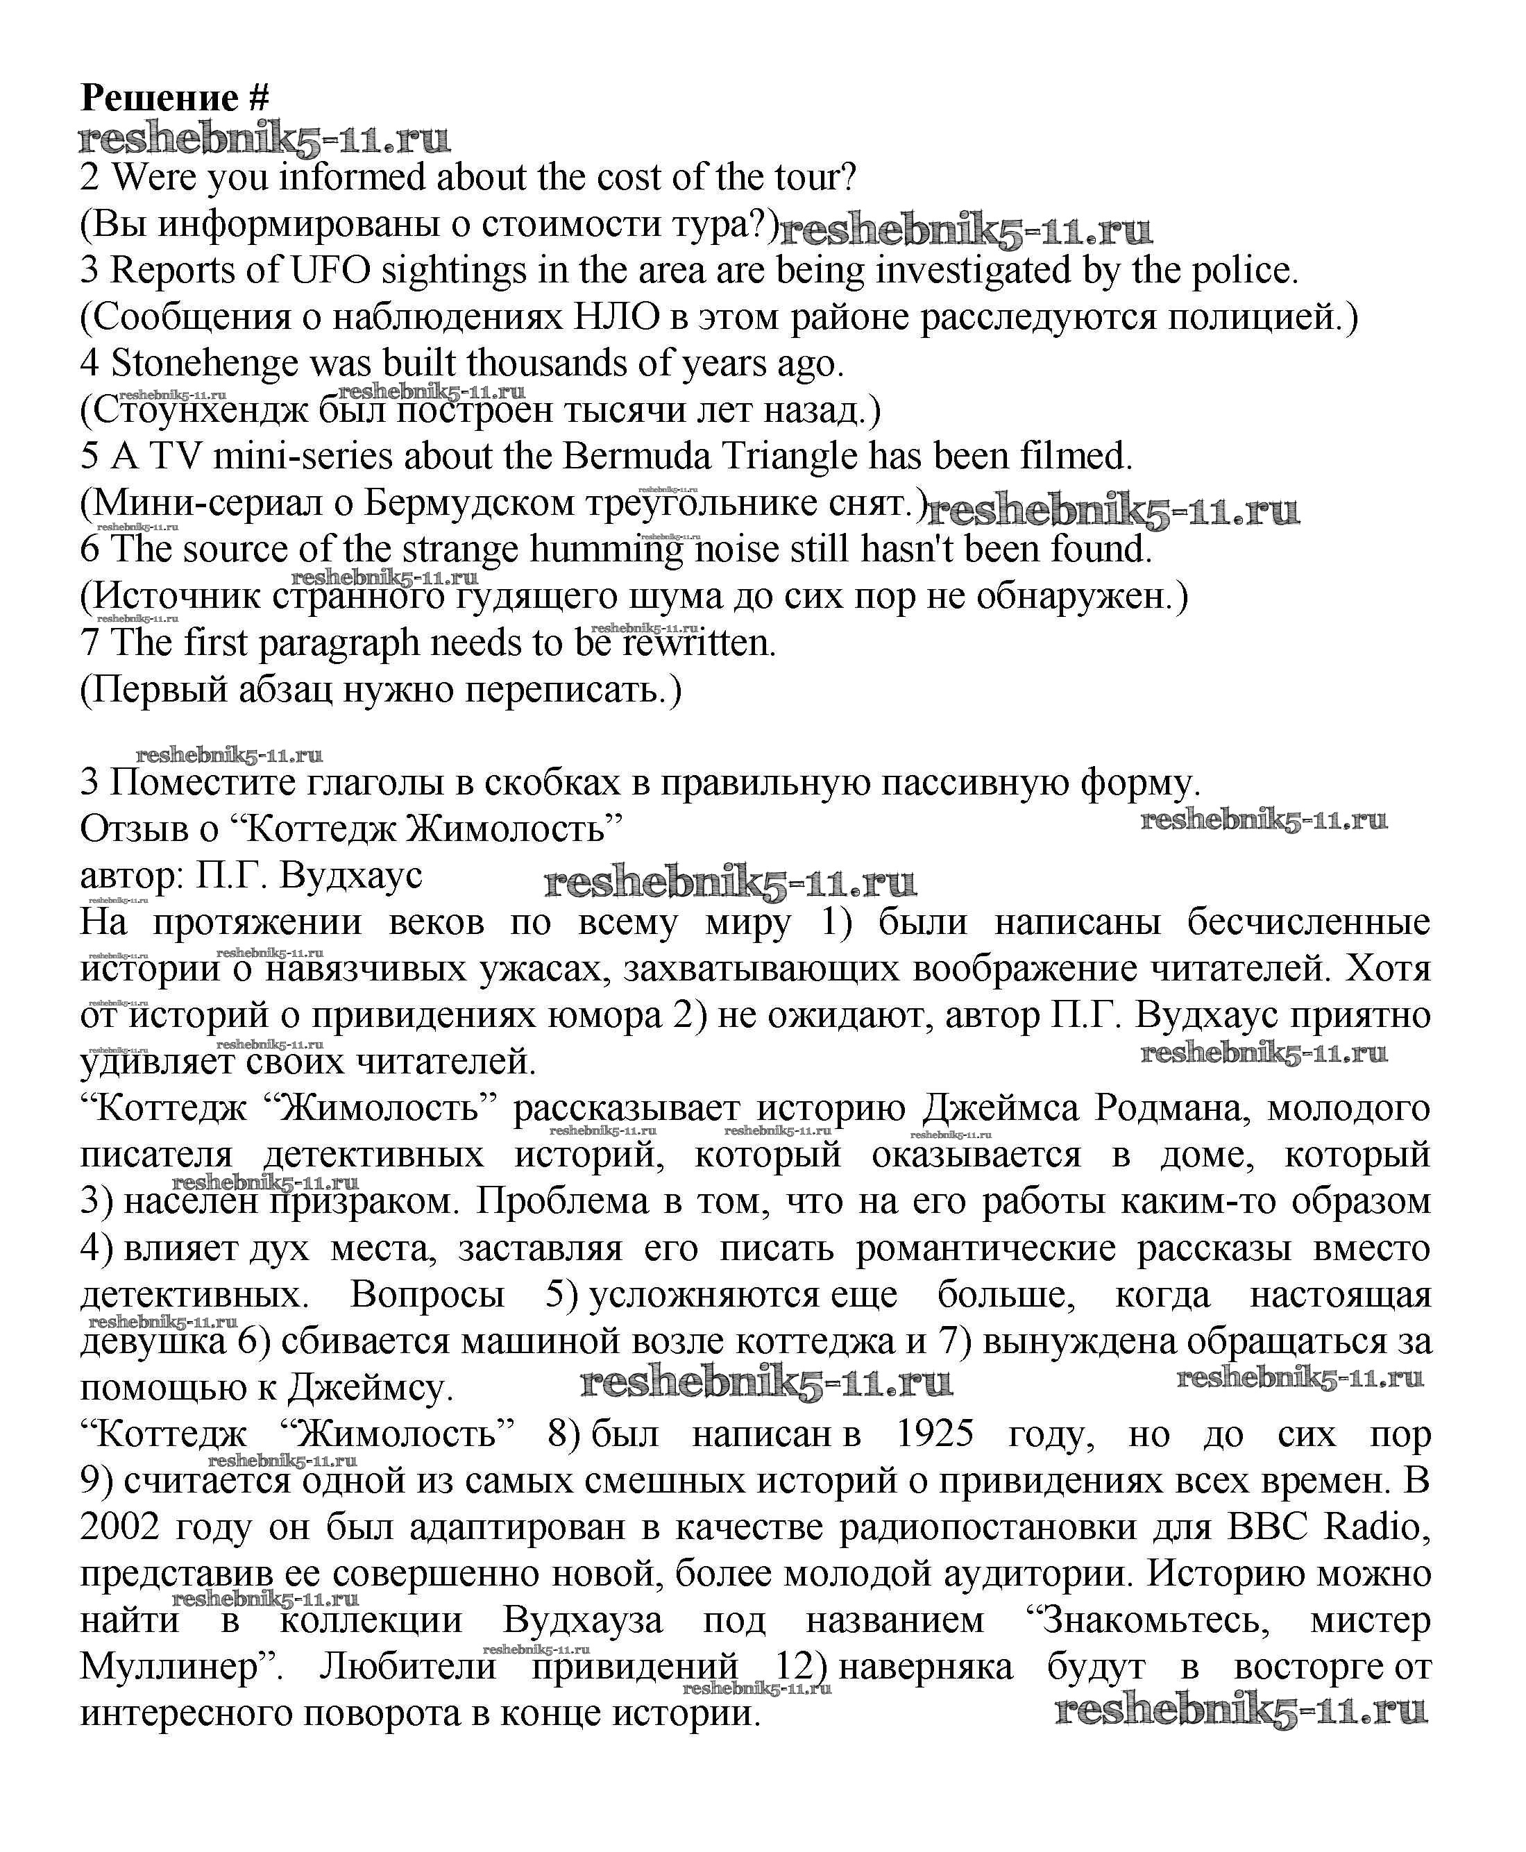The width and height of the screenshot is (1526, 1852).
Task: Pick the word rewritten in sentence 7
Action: coord(698,643)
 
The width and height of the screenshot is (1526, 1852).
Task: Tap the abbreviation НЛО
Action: coord(616,316)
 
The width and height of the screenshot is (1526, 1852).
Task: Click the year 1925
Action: coord(935,1434)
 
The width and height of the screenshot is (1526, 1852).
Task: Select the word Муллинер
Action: coord(175,1667)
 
